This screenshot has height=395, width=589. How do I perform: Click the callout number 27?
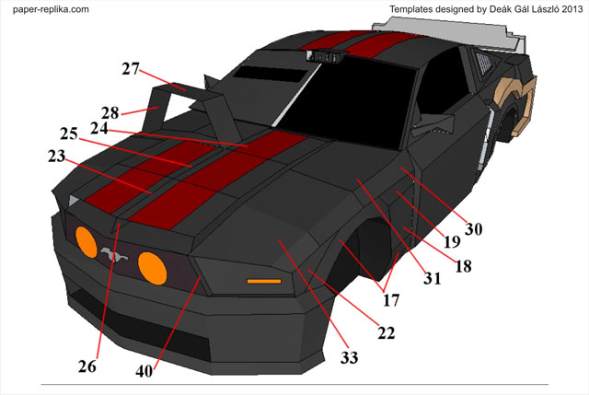tap(130, 68)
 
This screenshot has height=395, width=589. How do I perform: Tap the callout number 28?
tap(110, 112)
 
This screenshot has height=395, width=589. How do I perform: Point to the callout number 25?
tap(70, 134)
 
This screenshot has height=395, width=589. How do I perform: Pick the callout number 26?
tap(87, 366)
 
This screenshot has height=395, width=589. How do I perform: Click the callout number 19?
tap(452, 243)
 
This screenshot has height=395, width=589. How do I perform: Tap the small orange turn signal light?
tap(264, 278)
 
